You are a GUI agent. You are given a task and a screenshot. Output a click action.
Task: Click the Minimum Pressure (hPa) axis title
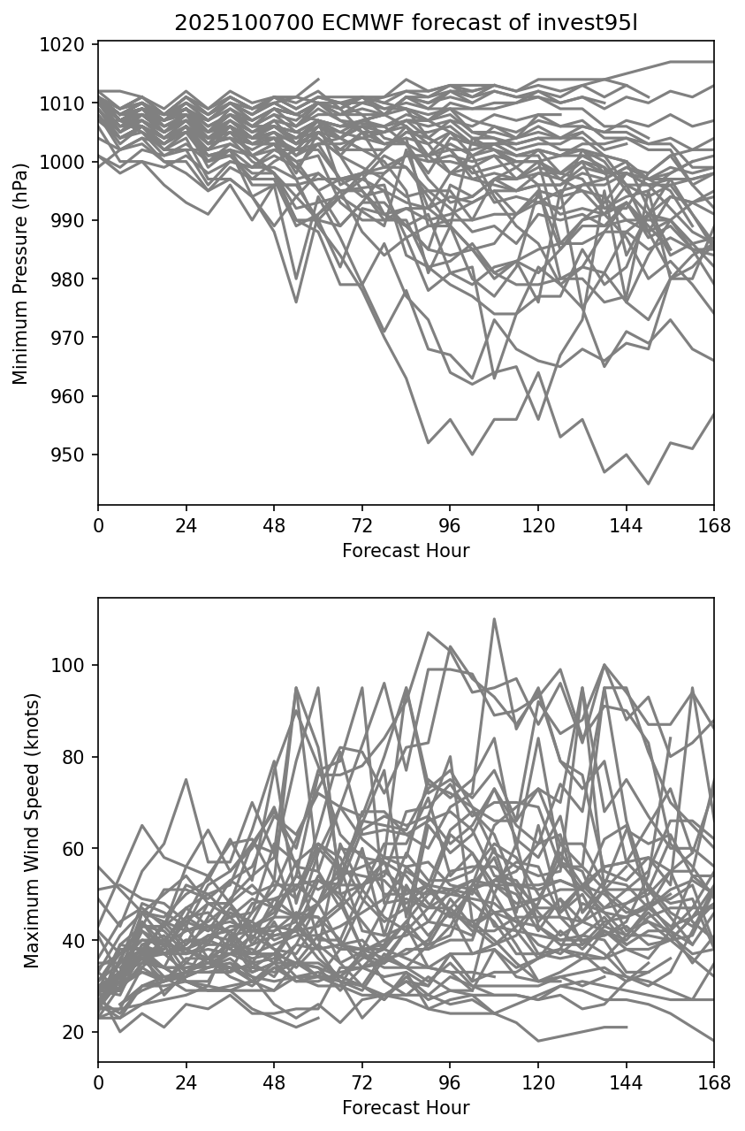(20, 273)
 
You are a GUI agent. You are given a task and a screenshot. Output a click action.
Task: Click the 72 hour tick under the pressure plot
(361, 526)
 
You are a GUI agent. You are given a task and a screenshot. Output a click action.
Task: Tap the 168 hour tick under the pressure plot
(714, 526)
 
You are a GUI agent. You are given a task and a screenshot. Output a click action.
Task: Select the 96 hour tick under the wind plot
(450, 1083)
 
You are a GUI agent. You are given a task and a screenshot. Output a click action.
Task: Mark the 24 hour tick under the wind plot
(186, 1083)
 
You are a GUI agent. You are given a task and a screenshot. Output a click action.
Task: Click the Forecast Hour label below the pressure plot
(406, 551)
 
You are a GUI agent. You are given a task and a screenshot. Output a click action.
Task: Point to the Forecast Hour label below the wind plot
(406, 1108)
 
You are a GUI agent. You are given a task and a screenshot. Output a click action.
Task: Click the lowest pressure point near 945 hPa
(648, 484)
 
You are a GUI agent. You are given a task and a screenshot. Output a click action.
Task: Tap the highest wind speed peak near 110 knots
(494, 619)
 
